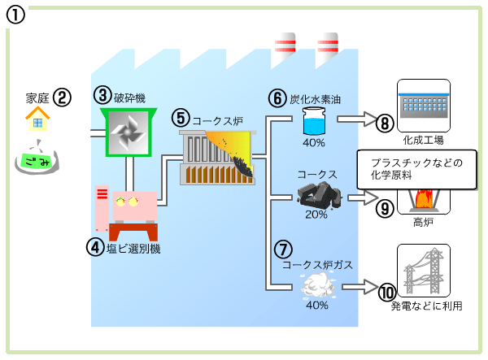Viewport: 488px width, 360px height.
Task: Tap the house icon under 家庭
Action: pyautogui.click(x=37, y=121)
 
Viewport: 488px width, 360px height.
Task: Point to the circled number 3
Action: pyautogui.click(x=102, y=95)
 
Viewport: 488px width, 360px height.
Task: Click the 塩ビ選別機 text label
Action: pyautogui.click(x=133, y=249)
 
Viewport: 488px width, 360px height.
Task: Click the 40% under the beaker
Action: pyautogui.click(x=314, y=143)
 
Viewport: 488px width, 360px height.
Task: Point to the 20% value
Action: pyautogui.click(x=316, y=215)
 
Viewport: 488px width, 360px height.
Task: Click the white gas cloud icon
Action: pyautogui.click(x=315, y=284)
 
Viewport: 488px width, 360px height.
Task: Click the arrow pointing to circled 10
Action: pyautogui.click(x=358, y=287)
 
